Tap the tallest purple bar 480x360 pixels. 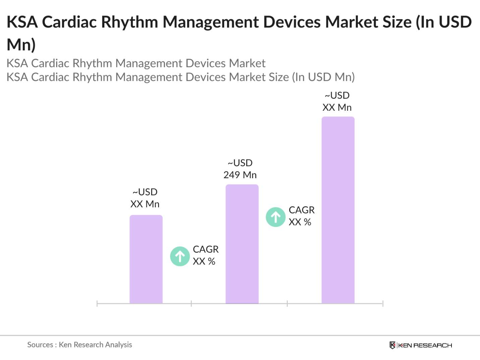pyautogui.click(x=338, y=210)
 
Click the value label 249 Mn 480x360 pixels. pyautogui.click(x=240, y=175)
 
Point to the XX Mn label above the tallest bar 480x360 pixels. pyautogui.click(x=337, y=107)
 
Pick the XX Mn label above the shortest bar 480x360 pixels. pyautogui.click(x=145, y=204)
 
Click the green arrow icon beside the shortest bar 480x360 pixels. pyautogui.click(x=180, y=256)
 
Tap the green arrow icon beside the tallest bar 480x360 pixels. pyautogui.click(x=276, y=217)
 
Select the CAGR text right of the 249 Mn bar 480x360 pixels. pyautogui.click(x=302, y=210)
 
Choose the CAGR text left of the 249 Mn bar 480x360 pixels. pyautogui.click(x=206, y=249)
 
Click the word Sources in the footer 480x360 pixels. pyautogui.click(x=40, y=345)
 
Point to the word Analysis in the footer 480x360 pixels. pyautogui.click(x=118, y=345)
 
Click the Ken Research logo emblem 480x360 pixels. pyautogui.click(x=392, y=345)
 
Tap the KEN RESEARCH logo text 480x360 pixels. pyautogui.click(x=425, y=345)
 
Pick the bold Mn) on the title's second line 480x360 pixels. pyautogui.click(x=21, y=45)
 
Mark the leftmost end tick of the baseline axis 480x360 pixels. pyautogui.click(x=97, y=304)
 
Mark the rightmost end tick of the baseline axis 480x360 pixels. pyautogui.click(x=383, y=304)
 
